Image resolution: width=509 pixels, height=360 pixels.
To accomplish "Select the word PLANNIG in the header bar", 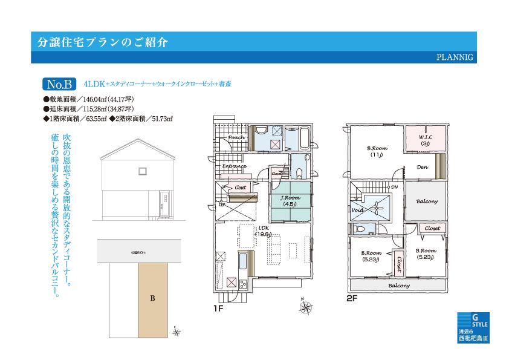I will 455,57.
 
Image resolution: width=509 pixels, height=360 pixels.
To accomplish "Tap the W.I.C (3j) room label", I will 424,140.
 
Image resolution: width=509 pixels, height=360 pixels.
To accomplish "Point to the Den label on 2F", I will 422,168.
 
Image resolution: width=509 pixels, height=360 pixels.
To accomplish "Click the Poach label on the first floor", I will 236,137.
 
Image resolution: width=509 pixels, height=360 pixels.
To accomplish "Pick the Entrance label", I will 234,166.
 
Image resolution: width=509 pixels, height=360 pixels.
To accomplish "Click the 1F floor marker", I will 219,307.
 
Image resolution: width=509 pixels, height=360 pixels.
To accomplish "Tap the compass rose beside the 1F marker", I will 305,307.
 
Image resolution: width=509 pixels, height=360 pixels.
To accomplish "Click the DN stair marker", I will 394,188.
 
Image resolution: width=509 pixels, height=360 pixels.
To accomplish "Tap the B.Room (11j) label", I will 377,151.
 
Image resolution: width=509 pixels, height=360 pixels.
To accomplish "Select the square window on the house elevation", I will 142,171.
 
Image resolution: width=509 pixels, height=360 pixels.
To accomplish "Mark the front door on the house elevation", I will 163,201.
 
